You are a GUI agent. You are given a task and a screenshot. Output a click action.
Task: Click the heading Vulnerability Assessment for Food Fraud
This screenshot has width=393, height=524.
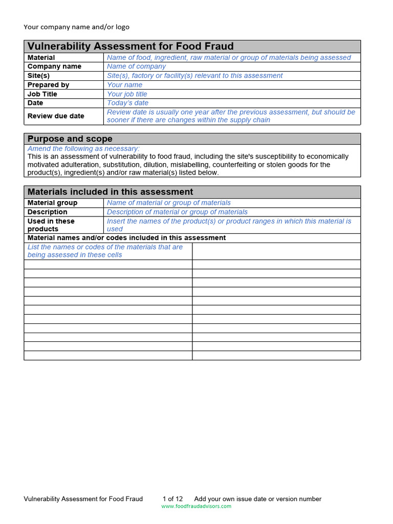point(130,47)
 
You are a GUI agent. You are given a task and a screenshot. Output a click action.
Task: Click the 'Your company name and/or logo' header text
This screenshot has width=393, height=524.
point(76,27)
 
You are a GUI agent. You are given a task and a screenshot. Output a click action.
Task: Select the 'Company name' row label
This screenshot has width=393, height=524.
point(54,67)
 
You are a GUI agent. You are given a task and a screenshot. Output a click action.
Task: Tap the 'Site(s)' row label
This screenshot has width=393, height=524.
point(38,76)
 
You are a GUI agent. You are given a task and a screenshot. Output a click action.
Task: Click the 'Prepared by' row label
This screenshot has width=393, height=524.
point(48,85)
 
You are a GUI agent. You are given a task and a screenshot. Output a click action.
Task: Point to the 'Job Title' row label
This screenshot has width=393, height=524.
point(42,94)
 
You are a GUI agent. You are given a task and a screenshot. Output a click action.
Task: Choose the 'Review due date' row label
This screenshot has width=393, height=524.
point(56,116)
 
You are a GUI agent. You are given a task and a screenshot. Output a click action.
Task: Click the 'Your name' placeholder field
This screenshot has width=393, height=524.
point(124,85)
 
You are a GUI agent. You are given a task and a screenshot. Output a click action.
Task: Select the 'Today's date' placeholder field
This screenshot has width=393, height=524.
point(127,103)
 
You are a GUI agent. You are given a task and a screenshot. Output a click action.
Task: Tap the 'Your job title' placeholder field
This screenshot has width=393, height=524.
point(127,94)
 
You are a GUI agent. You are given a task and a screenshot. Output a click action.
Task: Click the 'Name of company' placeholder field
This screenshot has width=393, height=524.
point(136,67)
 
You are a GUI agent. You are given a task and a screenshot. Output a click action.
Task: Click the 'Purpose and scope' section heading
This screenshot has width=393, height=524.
point(70,139)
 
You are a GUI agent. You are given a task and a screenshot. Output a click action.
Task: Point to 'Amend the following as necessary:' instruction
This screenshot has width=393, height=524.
point(83,148)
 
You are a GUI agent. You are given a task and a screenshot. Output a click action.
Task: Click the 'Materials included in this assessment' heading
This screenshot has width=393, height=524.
point(110,192)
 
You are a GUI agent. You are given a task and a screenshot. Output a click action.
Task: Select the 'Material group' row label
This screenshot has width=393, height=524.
point(52,203)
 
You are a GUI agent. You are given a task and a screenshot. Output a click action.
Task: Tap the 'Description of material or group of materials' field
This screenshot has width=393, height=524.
point(177,212)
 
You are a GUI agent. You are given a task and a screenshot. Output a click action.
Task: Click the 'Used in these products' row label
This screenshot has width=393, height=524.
point(51,225)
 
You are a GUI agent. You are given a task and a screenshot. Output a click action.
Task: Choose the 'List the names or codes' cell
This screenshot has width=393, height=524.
point(105,251)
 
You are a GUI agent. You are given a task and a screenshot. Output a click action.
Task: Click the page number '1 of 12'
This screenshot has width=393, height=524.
point(172,499)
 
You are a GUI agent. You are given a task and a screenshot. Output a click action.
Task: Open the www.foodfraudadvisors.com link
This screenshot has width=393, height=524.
point(196,507)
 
